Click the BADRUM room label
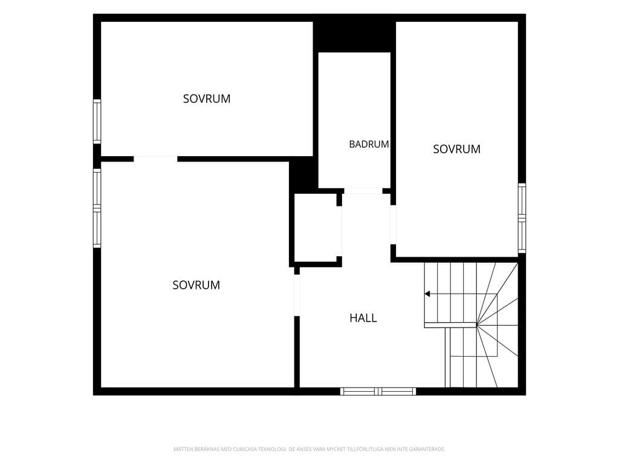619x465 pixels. [x=369, y=144]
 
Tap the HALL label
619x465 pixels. [x=363, y=318]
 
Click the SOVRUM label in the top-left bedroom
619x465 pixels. [x=207, y=99]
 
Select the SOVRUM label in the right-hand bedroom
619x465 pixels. [x=457, y=149]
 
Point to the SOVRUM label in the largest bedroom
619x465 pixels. [x=196, y=285]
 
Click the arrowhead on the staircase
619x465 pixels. [x=427, y=294]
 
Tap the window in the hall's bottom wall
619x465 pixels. [x=378, y=392]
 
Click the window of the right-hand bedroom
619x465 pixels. [x=522, y=218]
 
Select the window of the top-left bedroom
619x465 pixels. [x=97, y=121]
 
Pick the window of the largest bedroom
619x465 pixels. [x=97, y=208]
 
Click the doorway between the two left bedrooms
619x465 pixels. [x=155, y=159]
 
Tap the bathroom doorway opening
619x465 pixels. [x=363, y=191]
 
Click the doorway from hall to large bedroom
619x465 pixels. [x=297, y=295]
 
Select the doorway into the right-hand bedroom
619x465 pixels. [x=393, y=225]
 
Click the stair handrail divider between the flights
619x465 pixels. [x=450, y=325]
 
